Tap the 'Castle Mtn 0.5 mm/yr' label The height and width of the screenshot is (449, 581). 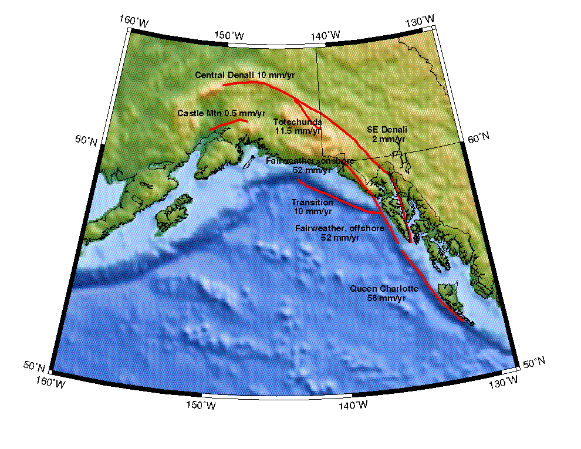point(221,113)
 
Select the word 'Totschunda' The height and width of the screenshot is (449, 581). point(298,122)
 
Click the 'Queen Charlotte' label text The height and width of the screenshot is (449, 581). point(384,289)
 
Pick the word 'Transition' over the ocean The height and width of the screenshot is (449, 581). point(312,202)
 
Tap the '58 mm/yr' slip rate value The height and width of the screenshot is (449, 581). point(386,298)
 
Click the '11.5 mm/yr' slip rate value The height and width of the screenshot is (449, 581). point(298,131)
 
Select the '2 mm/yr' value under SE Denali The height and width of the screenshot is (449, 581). point(388,139)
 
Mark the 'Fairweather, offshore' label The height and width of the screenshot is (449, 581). point(340,228)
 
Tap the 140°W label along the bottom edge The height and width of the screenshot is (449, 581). point(352,405)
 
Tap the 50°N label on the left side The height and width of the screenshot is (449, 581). point(35,367)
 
